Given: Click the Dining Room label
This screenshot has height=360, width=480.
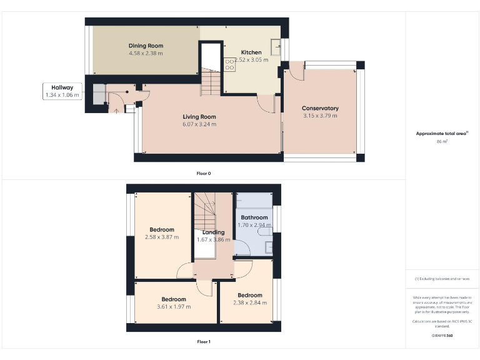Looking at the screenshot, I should click(x=146, y=46).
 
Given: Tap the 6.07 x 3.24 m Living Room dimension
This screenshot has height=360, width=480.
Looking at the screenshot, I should click(x=199, y=124).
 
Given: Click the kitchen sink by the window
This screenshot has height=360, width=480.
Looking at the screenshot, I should click(x=275, y=46).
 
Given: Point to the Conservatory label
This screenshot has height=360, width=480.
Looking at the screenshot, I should click(x=320, y=108).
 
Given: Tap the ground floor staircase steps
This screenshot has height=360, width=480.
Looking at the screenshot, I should click(x=211, y=82).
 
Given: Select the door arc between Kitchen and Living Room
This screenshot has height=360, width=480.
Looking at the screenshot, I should click(x=267, y=104).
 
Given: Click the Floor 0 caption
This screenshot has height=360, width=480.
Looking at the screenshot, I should click(x=204, y=173).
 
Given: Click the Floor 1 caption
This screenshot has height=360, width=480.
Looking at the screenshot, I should click(x=204, y=342).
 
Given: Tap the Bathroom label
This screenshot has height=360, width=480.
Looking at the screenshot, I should click(x=254, y=217).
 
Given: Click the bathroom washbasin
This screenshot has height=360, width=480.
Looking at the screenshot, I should click(x=269, y=247).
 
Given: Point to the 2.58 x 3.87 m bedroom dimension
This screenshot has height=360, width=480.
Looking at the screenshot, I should click(x=162, y=237).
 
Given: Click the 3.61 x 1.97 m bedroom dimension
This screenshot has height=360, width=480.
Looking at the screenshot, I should click(x=174, y=307).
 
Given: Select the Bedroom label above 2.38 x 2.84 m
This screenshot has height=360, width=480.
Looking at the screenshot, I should click(x=249, y=295).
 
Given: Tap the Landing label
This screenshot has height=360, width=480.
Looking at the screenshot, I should click(x=213, y=232).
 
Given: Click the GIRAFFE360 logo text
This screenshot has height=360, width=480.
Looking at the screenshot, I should click(x=442, y=336).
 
